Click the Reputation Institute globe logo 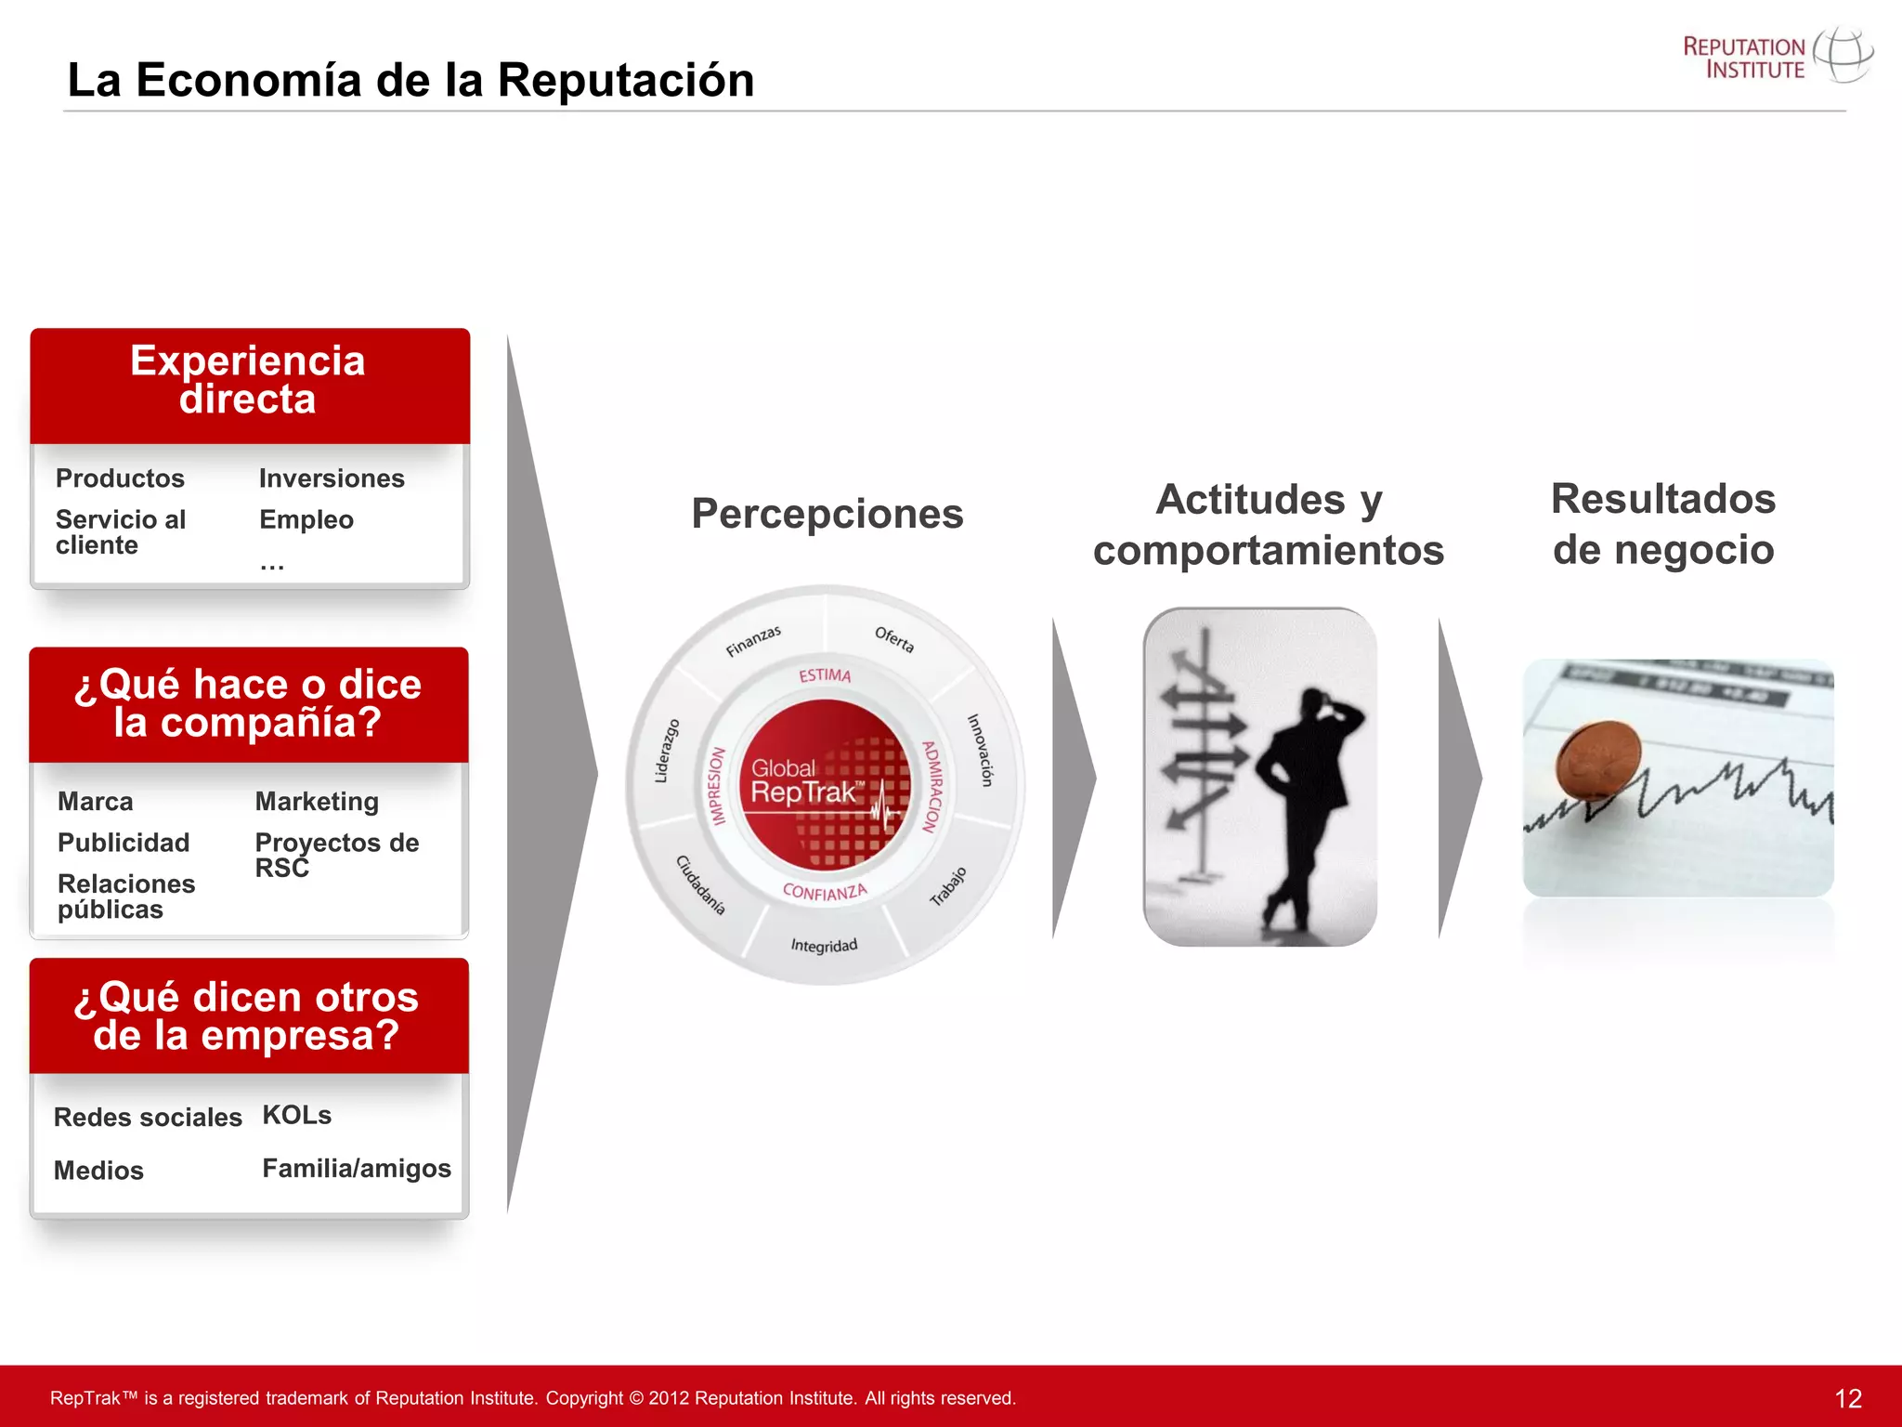pyautogui.click(x=1843, y=55)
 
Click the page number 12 pyautogui.click(x=1847, y=1398)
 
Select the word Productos pyautogui.click(x=120, y=478)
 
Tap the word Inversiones pyautogui.click(x=332, y=478)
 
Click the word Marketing pyautogui.click(x=317, y=801)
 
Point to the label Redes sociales pyautogui.click(x=148, y=1117)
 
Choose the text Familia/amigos pyautogui.click(x=357, y=1168)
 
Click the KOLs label pyautogui.click(x=296, y=1115)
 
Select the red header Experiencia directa pyautogui.click(x=249, y=381)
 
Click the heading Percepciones pyautogui.click(x=827, y=514)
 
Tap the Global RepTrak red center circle pyautogui.click(x=824, y=782)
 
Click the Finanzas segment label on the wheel pyautogui.click(x=753, y=641)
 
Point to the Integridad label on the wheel pyautogui.click(x=824, y=946)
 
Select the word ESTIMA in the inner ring pyautogui.click(x=825, y=675)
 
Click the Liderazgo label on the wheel pyautogui.click(x=667, y=751)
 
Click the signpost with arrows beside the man pyautogui.click(x=1204, y=743)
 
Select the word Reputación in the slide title pyautogui.click(x=625, y=80)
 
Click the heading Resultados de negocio pyautogui.click(x=1662, y=524)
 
